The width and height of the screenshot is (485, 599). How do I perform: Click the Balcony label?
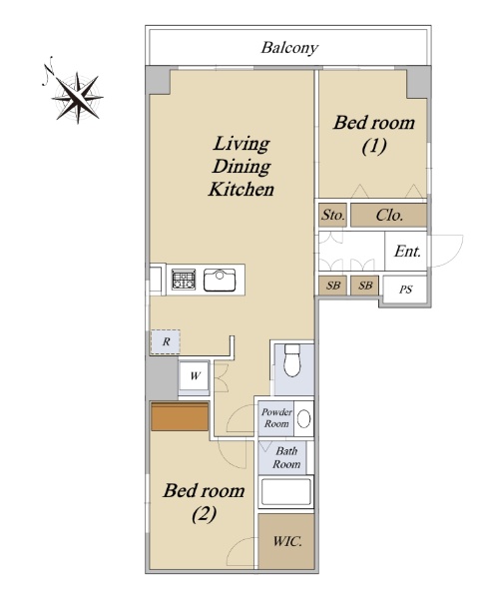289,48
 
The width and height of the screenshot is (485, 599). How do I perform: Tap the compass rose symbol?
78,97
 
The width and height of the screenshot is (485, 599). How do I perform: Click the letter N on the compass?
49,69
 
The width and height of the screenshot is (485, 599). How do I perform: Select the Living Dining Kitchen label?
242,166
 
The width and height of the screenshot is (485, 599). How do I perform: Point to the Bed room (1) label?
374,134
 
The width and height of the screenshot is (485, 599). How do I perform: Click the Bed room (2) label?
204,501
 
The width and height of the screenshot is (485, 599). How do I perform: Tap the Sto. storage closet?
333,215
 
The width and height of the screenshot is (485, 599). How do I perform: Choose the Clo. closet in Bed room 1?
389,215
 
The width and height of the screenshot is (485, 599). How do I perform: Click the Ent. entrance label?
407,252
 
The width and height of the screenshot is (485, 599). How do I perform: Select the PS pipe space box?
405,290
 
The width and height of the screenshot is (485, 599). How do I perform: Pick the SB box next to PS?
365,286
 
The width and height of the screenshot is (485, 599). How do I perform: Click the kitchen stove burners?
184,280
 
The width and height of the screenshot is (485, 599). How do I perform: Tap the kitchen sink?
220,280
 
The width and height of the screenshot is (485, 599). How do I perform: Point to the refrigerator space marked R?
166,341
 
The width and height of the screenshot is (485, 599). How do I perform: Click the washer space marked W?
195,376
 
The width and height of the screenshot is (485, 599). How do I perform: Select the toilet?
293,360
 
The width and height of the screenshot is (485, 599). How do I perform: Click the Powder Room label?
276,418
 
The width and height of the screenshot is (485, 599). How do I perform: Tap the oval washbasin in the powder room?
304,418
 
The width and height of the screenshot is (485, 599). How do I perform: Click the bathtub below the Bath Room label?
286,492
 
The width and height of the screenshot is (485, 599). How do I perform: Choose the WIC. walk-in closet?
286,541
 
